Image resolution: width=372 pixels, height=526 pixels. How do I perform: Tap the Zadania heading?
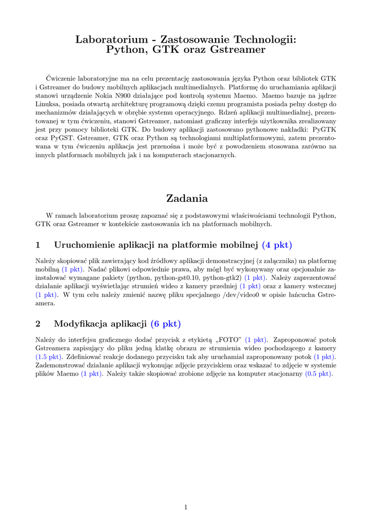pyautogui.click(x=186, y=198)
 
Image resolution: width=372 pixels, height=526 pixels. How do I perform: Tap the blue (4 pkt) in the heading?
pyautogui.click(x=277, y=245)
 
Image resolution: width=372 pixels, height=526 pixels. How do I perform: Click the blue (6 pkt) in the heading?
pyautogui.click(x=166, y=324)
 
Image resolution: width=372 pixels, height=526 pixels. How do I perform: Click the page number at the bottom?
pyautogui.click(x=186, y=508)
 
